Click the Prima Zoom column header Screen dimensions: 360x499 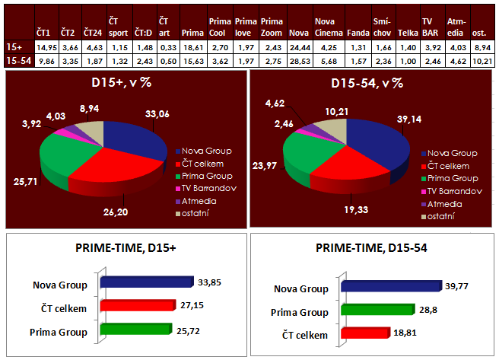pyautogui.click(x=271, y=28)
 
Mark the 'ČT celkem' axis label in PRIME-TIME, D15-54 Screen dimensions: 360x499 pyautogui.click(x=304, y=333)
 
